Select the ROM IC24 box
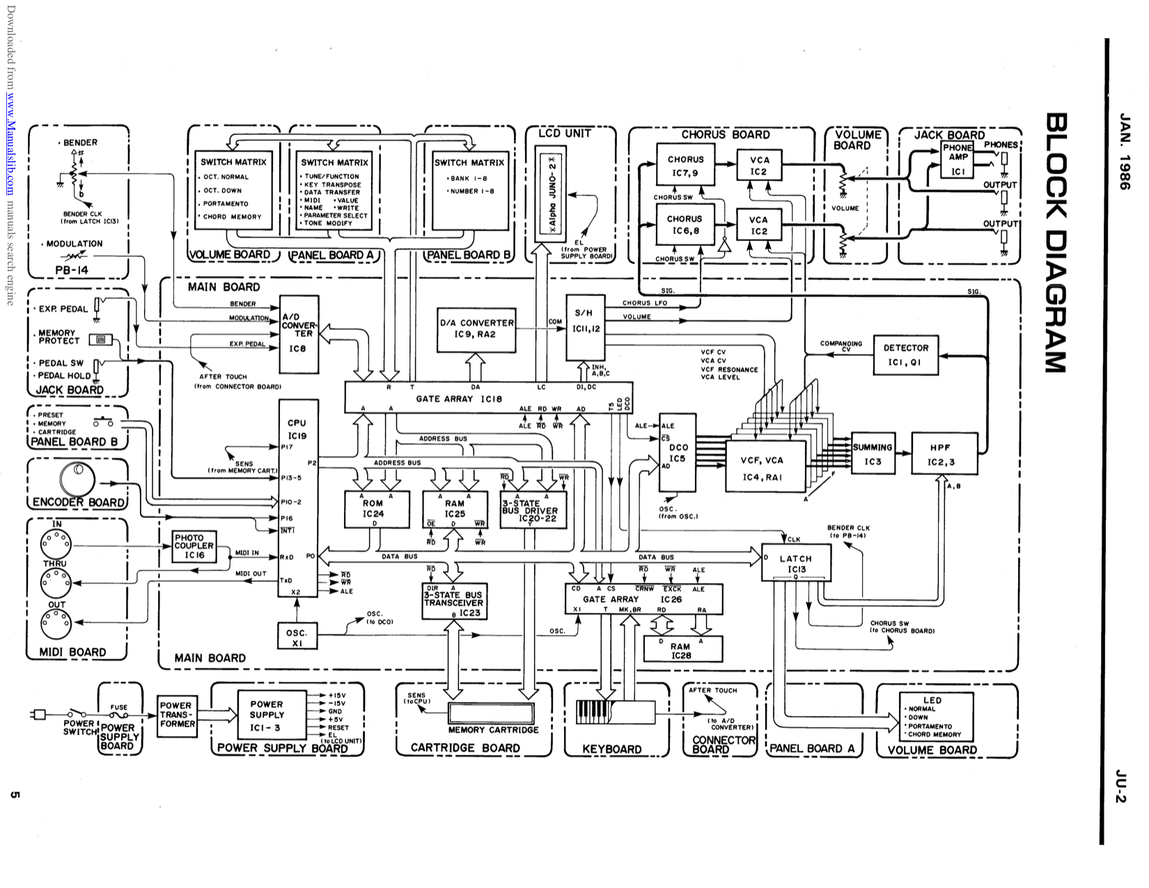pos(373,509)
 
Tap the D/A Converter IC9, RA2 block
pos(477,329)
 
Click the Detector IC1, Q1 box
pos(905,355)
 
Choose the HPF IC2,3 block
pos(944,454)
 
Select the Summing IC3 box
pos(873,454)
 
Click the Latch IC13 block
pos(796,563)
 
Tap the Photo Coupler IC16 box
pos(194,547)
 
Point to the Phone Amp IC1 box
pos(958,159)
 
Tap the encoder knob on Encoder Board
pos(76,480)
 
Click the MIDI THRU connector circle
pos(56,579)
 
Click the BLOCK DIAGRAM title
pos(1055,244)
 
